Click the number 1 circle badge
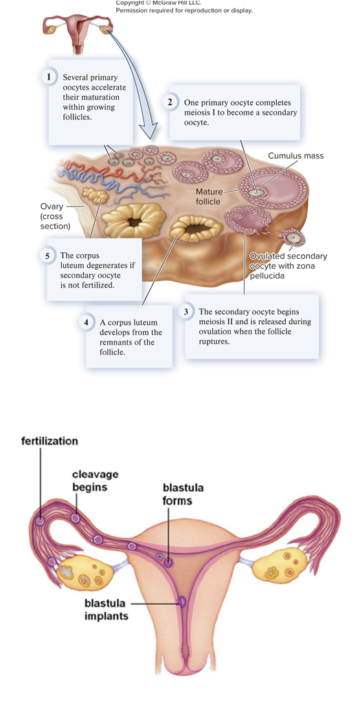click(x=49, y=78)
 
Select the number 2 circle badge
click(x=170, y=102)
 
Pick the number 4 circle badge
click(x=87, y=323)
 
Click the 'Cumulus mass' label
click(x=295, y=156)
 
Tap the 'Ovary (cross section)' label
click(x=55, y=216)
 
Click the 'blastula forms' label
click(x=183, y=494)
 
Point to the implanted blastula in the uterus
click(x=182, y=602)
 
